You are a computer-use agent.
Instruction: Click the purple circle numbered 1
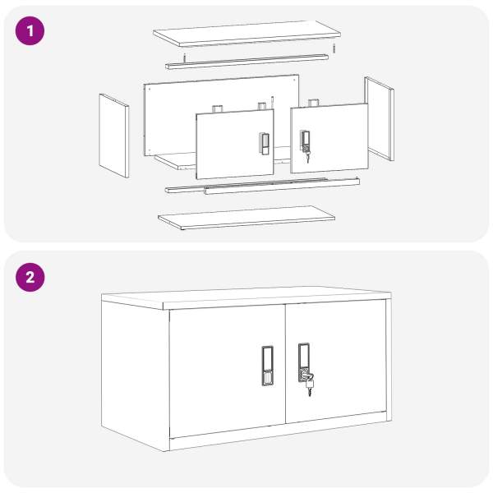[30, 31]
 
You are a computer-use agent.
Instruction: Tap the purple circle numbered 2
[30, 278]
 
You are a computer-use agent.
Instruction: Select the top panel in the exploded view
[246, 34]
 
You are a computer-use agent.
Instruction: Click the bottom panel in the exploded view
[246, 218]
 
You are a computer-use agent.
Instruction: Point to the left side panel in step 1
[114, 136]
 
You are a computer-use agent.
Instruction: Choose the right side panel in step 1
[380, 118]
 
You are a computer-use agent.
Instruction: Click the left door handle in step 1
[264, 144]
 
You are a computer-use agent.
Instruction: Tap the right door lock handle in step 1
[305, 141]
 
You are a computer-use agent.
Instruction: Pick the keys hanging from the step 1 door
[307, 156]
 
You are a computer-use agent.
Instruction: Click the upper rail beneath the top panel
[246, 62]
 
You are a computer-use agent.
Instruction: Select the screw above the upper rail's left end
[185, 58]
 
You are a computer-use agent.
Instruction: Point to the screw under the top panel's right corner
[334, 48]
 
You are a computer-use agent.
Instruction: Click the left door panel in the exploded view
[235, 145]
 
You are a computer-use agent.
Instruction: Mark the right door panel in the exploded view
[329, 138]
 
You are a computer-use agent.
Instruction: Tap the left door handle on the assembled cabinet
[268, 366]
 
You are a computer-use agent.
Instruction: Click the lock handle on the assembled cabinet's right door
[304, 362]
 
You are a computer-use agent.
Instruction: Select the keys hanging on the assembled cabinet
[309, 385]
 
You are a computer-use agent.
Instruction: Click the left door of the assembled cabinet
[228, 371]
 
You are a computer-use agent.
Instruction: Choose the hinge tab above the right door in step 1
[314, 103]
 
